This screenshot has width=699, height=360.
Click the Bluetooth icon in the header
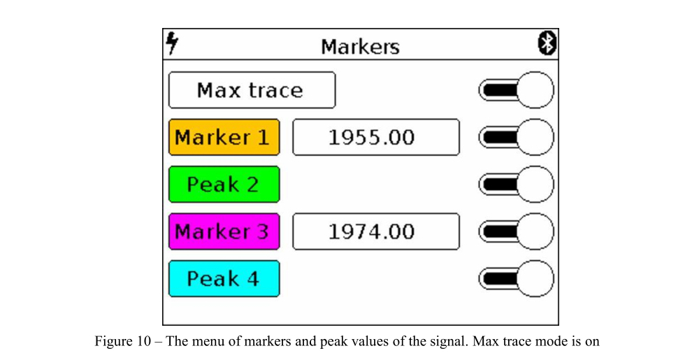547,43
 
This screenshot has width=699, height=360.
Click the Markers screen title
360,47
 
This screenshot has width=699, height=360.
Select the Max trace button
252,90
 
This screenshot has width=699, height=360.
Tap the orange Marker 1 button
224,137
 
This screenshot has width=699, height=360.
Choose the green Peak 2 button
224,185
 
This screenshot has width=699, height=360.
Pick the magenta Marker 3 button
224,231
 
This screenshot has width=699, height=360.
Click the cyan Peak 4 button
224,279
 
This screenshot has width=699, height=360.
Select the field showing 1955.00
375,137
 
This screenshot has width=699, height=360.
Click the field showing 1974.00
375,231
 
